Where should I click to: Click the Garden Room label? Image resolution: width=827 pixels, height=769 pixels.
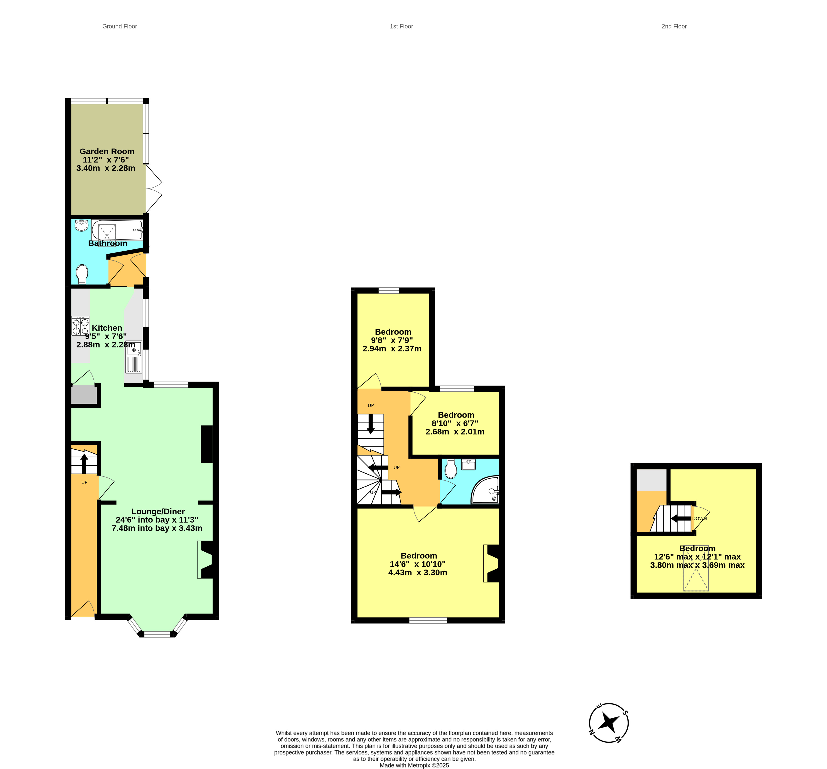click(107, 151)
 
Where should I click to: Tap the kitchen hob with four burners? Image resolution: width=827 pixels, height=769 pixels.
click(80, 326)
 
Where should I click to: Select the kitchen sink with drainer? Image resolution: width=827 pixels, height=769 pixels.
click(134, 357)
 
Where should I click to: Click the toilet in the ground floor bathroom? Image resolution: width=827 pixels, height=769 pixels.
click(82, 274)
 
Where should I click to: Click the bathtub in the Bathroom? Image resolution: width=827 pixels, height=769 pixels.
click(117, 230)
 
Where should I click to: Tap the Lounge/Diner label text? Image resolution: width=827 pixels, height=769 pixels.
click(158, 511)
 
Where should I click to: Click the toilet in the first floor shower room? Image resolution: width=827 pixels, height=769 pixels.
click(451, 469)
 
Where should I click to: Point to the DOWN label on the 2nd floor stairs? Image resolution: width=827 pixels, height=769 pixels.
click(699, 518)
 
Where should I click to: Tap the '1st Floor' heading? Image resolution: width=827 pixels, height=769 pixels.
click(401, 26)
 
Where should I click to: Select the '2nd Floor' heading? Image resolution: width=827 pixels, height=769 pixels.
click(674, 26)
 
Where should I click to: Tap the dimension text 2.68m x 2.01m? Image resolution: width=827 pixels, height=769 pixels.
click(455, 431)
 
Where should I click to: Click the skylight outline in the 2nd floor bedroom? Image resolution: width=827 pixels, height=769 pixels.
click(696, 568)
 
